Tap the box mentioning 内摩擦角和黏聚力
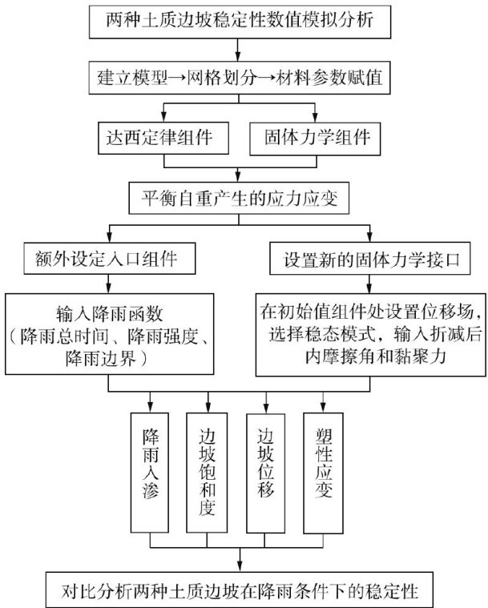point(370,333)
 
